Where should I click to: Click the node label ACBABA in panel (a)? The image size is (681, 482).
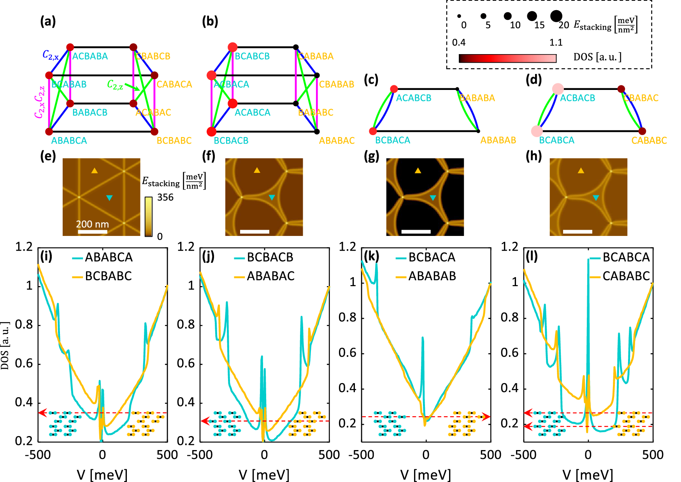90,56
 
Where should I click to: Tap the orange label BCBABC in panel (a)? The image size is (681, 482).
174,141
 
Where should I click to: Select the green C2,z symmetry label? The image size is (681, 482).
115,85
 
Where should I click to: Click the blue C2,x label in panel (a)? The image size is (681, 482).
51,55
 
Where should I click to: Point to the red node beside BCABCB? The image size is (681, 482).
232,47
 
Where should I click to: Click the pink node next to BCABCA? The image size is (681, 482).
537,131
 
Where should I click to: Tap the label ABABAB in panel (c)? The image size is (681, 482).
498,140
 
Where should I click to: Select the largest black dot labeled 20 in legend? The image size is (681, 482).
556,16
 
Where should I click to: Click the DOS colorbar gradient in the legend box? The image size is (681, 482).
507,58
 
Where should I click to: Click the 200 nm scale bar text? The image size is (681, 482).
92,224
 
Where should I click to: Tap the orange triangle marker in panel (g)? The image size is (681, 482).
418,171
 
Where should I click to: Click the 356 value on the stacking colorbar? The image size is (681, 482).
165,197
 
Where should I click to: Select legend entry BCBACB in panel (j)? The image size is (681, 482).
270,257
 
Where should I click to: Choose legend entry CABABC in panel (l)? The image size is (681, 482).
626,276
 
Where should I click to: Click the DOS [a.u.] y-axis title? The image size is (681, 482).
5,346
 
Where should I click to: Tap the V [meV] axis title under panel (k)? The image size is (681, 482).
426,475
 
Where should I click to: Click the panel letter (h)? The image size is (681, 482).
533,156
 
